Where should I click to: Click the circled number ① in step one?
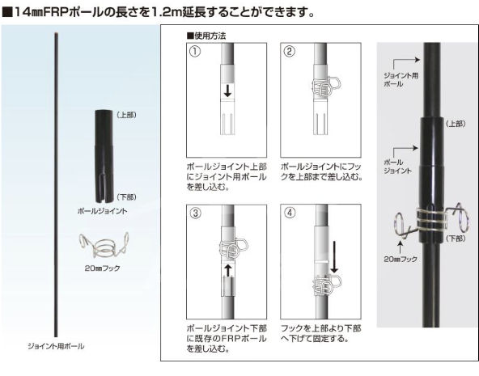coord(195,51)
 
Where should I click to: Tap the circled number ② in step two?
coord(290,51)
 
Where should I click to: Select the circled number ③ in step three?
coord(196,213)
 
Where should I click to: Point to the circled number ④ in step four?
coord(290,213)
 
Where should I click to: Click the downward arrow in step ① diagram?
coord(227,91)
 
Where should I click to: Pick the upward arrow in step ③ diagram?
coord(227,270)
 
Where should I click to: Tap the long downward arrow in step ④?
coord(334,257)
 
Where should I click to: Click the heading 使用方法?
coord(206,36)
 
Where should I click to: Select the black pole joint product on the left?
coord(104,156)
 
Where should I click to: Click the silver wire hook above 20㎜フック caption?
coord(104,245)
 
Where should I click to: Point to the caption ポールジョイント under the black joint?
coord(102,211)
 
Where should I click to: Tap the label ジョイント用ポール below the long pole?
coord(56,346)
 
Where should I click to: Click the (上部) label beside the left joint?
coord(126,115)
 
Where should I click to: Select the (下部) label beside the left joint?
coord(126,197)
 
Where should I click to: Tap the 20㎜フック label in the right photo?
coord(401,259)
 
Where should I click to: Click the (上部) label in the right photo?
coord(456,124)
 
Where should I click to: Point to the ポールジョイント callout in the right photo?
coord(397,167)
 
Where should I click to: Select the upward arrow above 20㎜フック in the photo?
coord(401,247)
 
